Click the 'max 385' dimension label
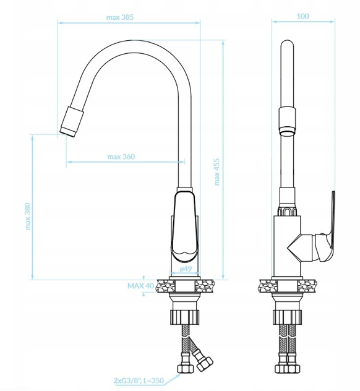coord(120,17)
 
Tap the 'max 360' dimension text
coord(121,157)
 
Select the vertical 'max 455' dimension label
coord(216,172)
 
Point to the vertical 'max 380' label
coord(28,216)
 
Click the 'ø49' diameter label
coord(186,269)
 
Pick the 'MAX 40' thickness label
coord(141,286)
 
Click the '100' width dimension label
coord(303,16)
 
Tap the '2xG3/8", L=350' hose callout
coord(139,380)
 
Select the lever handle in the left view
coord(185,226)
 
